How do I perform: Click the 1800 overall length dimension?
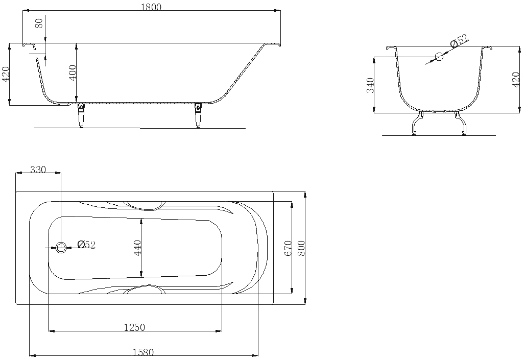point(151,7)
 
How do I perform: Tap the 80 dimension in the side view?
point(39,23)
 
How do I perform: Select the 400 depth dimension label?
point(73,72)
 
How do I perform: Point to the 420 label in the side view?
point(6,74)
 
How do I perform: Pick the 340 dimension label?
point(370,85)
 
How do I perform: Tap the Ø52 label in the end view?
point(459,40)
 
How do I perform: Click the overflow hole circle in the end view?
point(439,57)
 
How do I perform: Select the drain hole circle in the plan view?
point(61,248)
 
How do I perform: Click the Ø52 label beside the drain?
point(86,245)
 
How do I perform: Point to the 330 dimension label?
point(38,170)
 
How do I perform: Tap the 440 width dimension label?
point(137,248)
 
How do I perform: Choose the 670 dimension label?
point(288,248)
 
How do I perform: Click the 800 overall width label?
point(301,248)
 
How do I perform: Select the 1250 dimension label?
point(135,327)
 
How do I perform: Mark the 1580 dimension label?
point(144,353)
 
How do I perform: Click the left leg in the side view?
point(81,115)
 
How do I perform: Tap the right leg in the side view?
point(199,115)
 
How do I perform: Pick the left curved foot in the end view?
point(417,123)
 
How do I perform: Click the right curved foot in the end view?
point(460,123)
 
